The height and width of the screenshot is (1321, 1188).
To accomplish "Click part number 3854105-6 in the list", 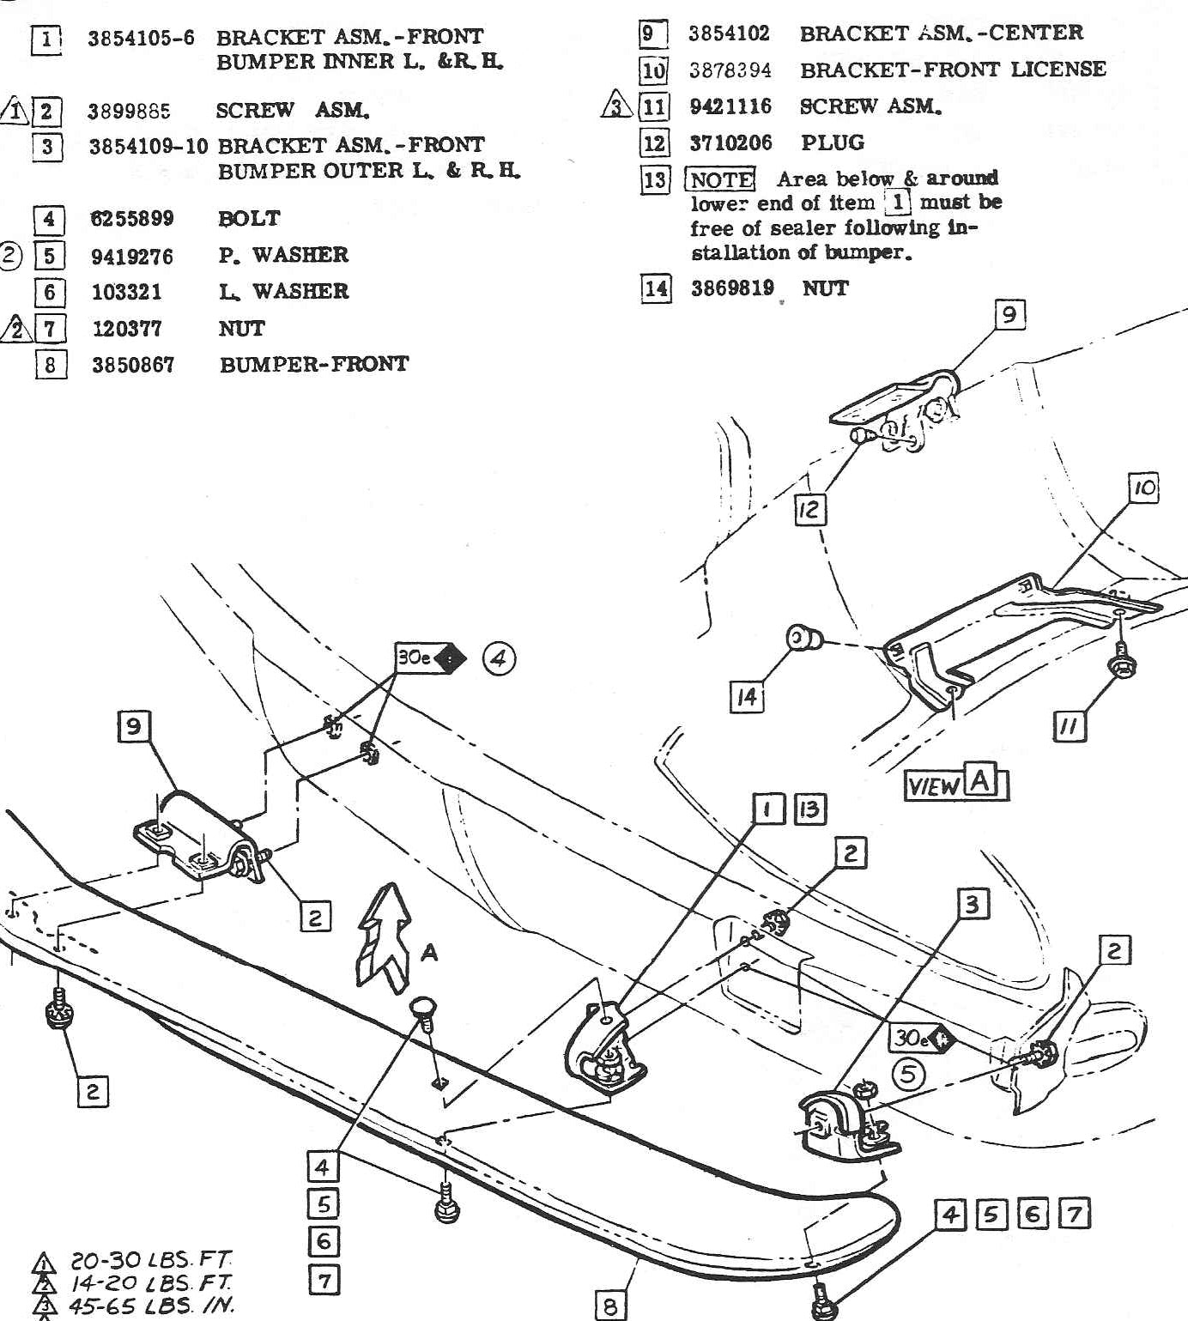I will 141,39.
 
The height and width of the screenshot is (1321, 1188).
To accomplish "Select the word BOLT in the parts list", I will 249,219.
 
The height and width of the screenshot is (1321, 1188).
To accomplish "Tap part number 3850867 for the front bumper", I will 133,365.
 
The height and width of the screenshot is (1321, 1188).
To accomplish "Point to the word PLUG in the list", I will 833,142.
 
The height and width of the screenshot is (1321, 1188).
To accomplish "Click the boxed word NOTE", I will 720,179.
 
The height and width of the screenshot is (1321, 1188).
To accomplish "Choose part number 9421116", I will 730,106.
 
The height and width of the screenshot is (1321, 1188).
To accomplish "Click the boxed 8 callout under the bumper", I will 610,1306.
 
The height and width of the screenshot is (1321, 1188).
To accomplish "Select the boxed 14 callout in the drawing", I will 747,697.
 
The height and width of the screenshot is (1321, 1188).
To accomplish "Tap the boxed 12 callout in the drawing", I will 809,510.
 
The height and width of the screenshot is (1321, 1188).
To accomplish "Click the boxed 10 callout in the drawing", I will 1144,488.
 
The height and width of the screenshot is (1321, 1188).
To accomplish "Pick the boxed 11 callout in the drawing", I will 1069,727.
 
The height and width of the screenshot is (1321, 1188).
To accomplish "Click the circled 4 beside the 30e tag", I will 499,659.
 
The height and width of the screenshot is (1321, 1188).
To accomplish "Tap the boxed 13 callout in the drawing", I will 809,809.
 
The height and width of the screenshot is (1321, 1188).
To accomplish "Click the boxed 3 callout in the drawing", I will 973,904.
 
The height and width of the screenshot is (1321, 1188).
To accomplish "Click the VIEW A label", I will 956,783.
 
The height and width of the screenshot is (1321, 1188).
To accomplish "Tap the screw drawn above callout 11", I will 1119,662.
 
